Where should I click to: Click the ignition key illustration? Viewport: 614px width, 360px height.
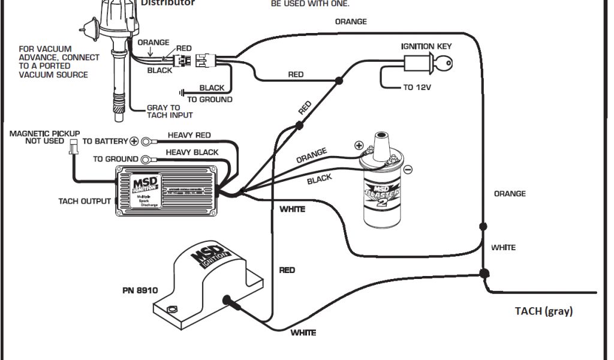428,63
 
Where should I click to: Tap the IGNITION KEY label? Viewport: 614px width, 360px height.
426,46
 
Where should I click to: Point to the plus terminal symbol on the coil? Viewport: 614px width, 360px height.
359,145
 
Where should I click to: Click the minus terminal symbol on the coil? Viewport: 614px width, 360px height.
408,170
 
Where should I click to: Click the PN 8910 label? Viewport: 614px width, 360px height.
140,290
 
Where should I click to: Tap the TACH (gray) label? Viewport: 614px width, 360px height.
544,311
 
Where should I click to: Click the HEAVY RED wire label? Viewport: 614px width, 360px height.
189,136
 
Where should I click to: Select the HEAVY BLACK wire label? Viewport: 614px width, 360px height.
192,152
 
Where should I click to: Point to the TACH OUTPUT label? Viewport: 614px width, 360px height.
85,201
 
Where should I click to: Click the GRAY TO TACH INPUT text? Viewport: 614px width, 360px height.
170,112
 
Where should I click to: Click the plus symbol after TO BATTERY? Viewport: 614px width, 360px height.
134,142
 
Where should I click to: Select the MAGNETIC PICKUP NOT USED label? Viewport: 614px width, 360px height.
45,137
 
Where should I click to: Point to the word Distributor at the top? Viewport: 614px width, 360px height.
167,3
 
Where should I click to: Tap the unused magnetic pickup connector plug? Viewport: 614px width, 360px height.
73,147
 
